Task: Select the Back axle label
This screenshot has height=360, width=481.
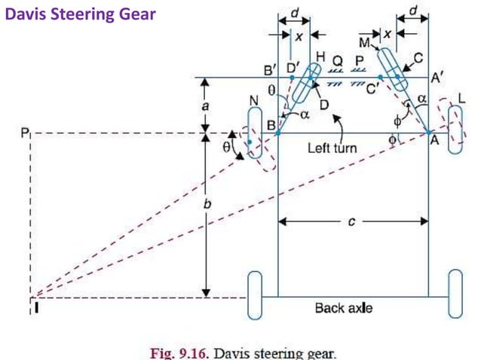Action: tap(343, 308)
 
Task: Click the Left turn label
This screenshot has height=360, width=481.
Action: tap(332, 148)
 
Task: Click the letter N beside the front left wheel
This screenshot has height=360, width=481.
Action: tap(253, 101)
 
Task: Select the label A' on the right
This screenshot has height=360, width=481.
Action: tap(437, 78)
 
